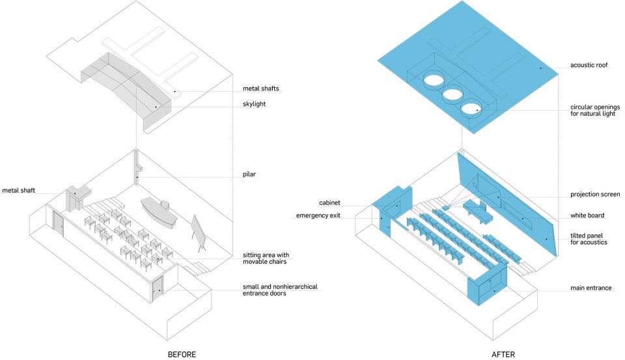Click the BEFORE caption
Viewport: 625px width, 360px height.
point(182,354)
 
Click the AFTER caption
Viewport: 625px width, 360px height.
point(503,354)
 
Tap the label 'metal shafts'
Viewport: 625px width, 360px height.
point(260,89)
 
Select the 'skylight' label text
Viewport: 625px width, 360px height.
point(255,104)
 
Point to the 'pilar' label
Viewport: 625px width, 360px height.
point(249,174)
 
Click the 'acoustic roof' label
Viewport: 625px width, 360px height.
point(589,65)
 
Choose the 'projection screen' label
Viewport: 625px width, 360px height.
point(595,194)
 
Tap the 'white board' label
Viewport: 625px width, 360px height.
point(587,215)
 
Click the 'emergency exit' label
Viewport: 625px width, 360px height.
point(318,215)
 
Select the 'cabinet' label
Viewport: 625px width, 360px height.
point(329,203)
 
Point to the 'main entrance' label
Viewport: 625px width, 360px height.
point(590,288)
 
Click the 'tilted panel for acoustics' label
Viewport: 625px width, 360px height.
point(589,239)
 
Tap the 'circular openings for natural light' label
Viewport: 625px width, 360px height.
point(594,111)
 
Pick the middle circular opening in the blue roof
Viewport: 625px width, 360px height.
point(452,94)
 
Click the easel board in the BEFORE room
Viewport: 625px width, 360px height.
point(200,233)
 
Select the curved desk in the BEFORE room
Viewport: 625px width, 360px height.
point(159,212)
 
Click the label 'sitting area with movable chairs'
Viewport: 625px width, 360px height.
point(266,258)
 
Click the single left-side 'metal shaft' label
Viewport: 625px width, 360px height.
point(18,191)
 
